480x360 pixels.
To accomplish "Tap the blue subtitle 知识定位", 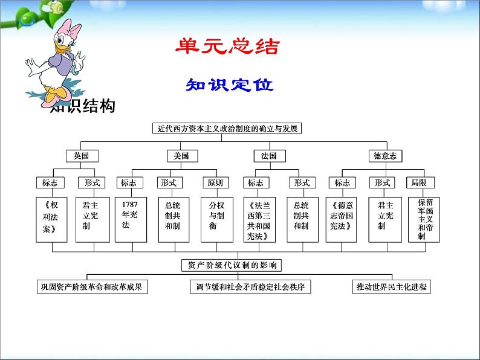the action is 229,85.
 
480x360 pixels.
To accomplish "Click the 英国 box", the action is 81,156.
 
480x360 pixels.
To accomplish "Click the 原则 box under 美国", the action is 215,182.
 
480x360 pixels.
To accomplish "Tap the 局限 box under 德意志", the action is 418,182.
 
